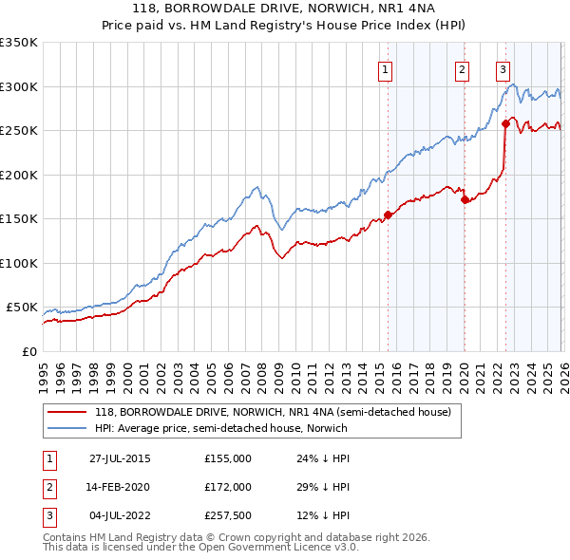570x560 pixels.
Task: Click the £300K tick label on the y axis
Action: (19, 86)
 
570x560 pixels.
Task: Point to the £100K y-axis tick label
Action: (19, 263)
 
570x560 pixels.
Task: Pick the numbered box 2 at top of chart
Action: (462, 68)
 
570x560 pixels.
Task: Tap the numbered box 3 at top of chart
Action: (503, 68)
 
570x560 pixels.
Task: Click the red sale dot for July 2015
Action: (388, 215)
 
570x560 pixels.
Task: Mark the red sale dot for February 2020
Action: (465, 199)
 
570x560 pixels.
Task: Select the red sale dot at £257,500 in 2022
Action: (505, 123)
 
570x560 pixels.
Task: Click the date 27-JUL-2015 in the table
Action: (120, 458)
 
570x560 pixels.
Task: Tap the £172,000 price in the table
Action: (228, 486)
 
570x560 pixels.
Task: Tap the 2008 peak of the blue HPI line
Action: (256, 186)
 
